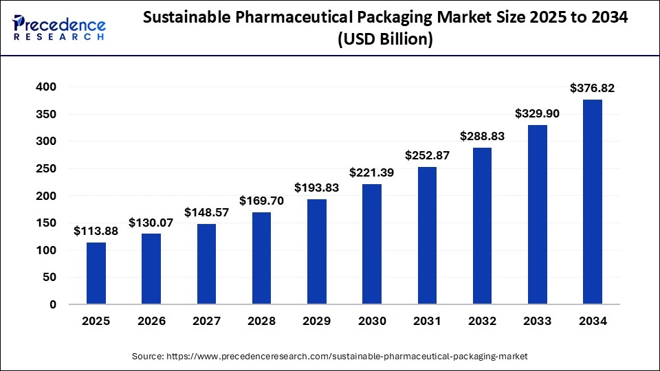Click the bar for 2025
tap(96, 273)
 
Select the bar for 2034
tap(592, 202)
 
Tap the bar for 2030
tap(372, 244)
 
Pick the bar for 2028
tap(261, 258)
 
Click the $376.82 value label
tap(592, 88)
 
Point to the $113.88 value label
tap(96, 231)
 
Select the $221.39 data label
tap(372, 172)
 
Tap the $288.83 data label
tap(482, 136)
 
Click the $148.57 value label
tap(206, 212)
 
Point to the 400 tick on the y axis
tap(47, 87)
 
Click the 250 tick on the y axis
tap(47, 169)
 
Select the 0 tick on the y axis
tap(53, 304)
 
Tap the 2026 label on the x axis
tap(151, 321)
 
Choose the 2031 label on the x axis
tap(427, 321)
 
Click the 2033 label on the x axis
tap(537, 321)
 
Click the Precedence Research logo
tap(59, 28)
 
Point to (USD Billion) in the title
tap(385, 40)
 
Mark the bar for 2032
tap(482, 226)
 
